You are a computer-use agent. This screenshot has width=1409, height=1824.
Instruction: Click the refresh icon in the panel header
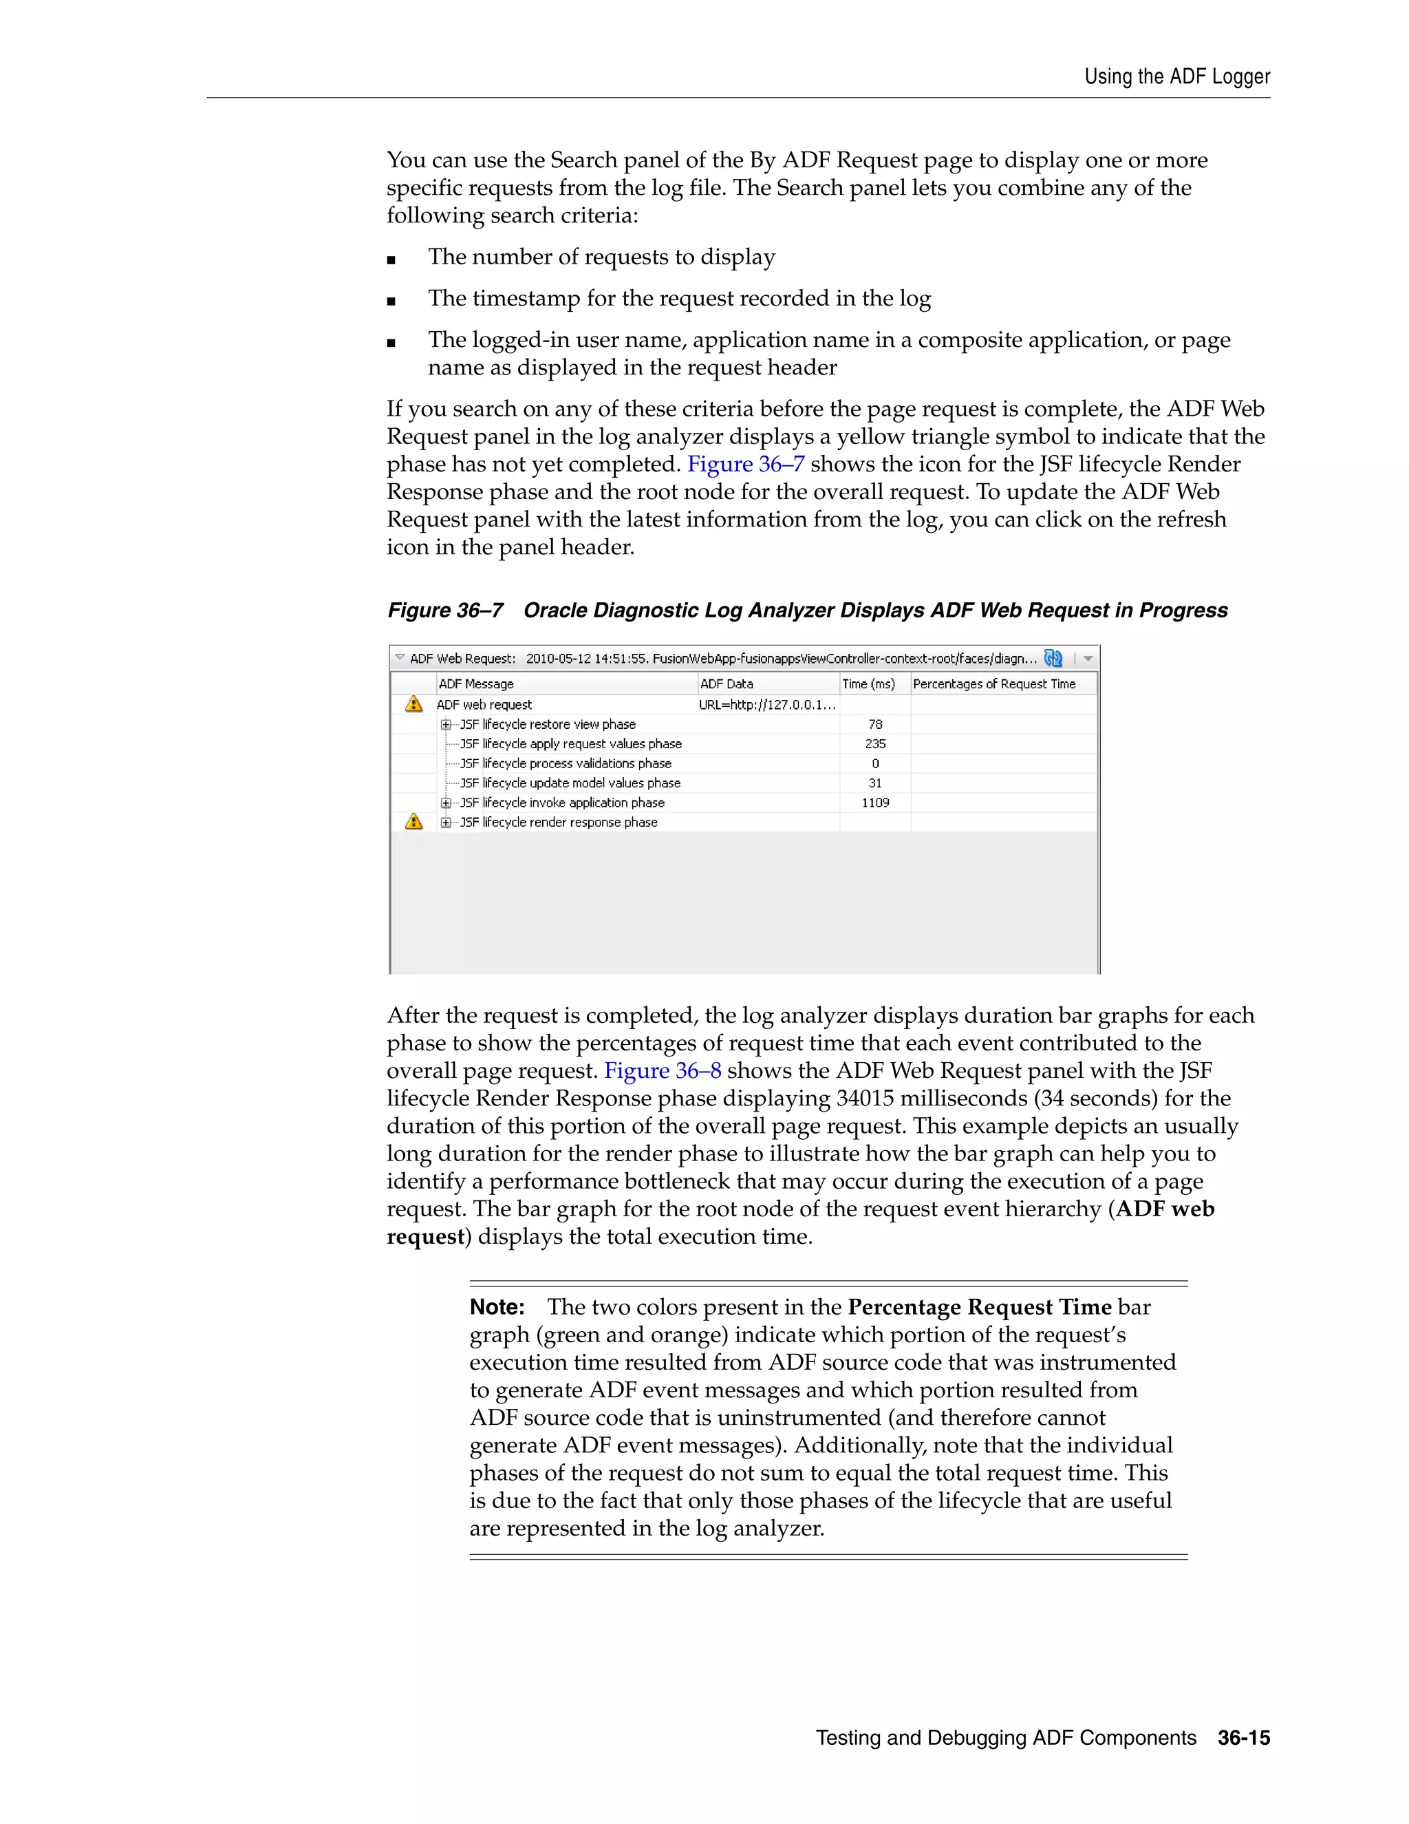click(x=1053, y=658)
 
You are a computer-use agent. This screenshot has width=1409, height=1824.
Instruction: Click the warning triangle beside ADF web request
click(x=414, y=704)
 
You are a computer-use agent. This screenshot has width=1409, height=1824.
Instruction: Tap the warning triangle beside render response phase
click(x=414, y=822)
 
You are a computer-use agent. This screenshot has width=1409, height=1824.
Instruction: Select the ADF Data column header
click(x=727, y=683)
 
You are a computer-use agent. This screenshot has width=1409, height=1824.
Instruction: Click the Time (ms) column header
click(x=868, y=683)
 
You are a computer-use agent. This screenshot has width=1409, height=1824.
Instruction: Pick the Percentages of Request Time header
click(x=994, y=683)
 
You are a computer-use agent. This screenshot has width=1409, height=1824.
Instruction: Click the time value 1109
click(x=875, y=803)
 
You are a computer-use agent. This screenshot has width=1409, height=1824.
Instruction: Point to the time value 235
click(x=875, y=743)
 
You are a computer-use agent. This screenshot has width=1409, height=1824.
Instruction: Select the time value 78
click(x=875, y=724)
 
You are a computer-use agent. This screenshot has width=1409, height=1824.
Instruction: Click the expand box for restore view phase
click(x=446, y=724)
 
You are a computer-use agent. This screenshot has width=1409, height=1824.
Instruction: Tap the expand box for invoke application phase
click(x=446, y=803)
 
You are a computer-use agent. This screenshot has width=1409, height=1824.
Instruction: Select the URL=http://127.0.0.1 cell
click(x=766, y=704)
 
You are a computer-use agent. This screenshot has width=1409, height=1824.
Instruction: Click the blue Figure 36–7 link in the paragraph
click(x=745, y=465)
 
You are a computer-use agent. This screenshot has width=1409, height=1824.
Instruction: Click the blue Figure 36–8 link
click(x=662, y=1071)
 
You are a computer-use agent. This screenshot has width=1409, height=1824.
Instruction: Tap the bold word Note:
click(x=497, y=1307)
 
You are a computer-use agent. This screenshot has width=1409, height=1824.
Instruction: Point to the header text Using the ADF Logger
click(x=1177, y=77)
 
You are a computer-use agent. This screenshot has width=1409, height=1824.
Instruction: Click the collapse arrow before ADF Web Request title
click(x=400, y=657)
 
